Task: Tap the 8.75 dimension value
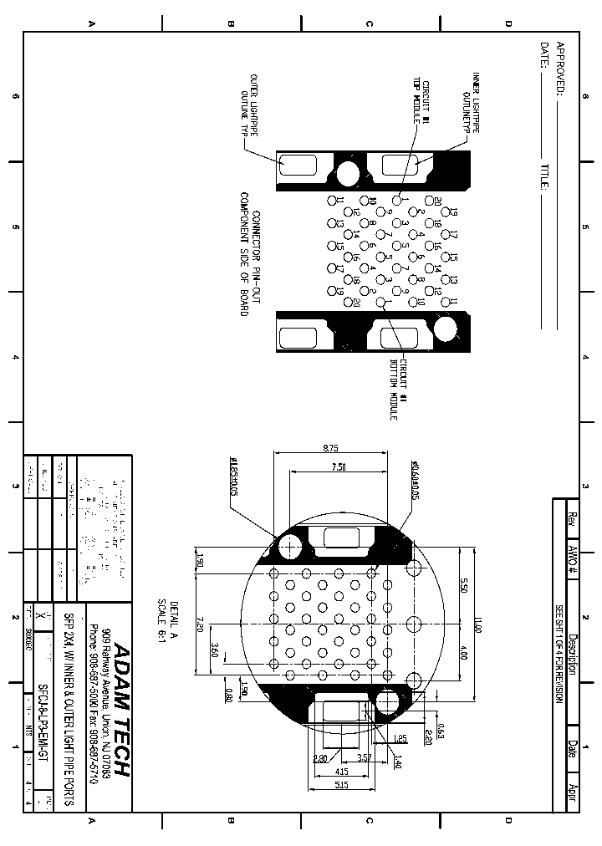pos(330,449)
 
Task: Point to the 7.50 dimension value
pos(338,467)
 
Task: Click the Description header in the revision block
pos(573,652)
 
